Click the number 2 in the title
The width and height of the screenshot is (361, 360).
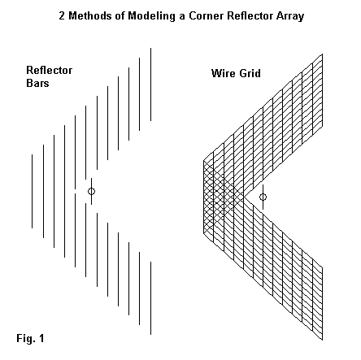tap(62, 15)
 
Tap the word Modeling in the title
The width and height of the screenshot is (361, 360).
tap(151, 16)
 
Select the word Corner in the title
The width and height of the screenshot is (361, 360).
tap(206, 15)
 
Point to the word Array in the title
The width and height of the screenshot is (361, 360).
tap(290, 16)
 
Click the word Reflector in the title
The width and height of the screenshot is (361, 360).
tap(250, 15)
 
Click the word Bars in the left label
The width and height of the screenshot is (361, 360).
tap(37, 83)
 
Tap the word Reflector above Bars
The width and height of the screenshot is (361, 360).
tap(50, 70)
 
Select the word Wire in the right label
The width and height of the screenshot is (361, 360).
tap(222, 73)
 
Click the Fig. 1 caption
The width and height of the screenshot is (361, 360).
tap(30, 338)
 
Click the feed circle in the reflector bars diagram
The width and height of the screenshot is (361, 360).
tap(92, 191)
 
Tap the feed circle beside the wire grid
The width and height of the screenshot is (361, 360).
tap(263, 197)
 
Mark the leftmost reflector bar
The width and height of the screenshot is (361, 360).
tap(33, 191)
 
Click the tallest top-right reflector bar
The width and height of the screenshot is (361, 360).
tap(151, 85)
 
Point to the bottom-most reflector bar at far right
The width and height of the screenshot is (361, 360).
tap(151, 298)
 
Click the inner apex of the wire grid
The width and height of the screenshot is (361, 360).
tap(244, 197)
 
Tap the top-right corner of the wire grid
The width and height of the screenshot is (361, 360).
tap(323, 54)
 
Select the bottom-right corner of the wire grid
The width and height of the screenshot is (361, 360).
tap(323, 340)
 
